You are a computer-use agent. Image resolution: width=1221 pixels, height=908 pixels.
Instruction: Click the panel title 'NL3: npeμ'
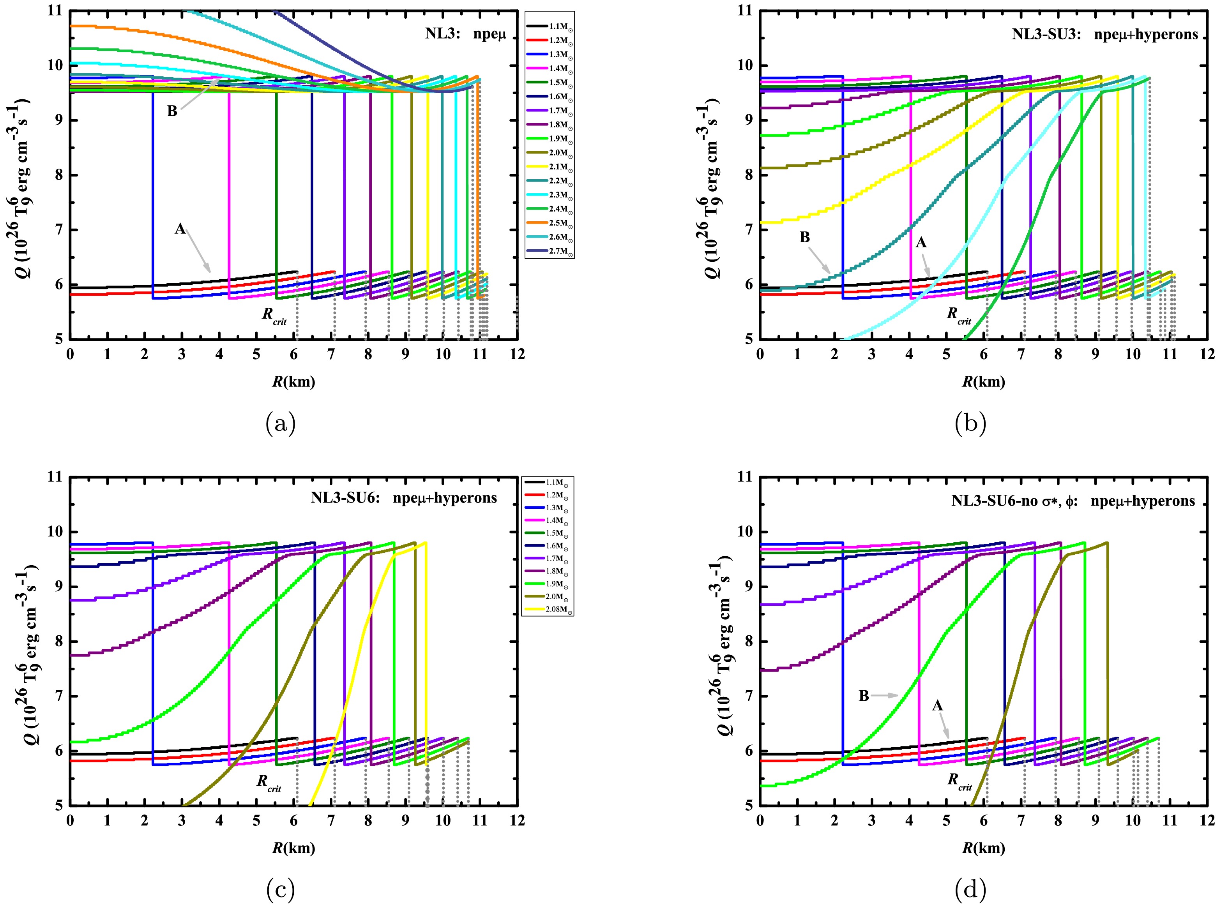tap(465, 33)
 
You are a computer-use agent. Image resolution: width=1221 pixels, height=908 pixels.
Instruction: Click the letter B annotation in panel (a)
tap(172, 111)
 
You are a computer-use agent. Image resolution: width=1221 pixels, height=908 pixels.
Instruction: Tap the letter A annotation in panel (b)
tap(921, 242)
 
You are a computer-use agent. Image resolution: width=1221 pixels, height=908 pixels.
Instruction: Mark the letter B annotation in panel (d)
tap(864, 696)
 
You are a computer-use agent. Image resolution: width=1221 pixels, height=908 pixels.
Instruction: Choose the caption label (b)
tap(970, 423)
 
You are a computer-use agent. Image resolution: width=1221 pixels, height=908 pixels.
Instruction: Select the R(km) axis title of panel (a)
tap(293, 381)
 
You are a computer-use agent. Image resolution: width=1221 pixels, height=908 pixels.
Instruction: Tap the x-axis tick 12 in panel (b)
tap(1207, 354)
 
